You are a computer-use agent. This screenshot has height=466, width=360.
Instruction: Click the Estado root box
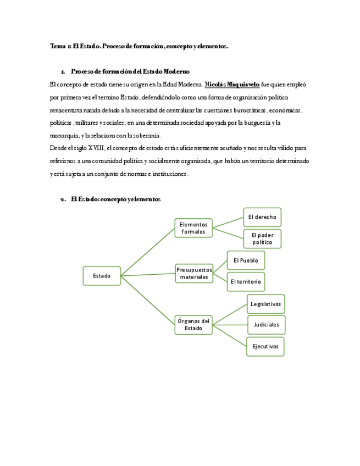(102, 275)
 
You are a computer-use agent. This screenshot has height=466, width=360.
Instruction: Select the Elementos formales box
(193, 228)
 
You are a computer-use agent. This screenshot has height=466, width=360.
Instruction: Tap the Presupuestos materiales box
(194, 273)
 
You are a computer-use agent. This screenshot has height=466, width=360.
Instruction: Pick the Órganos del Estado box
(193, 325)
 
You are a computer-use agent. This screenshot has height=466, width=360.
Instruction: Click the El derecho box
(262, 217)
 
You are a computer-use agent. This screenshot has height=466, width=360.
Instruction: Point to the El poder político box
(262, 238)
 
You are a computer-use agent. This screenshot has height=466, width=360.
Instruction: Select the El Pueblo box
(246, 260)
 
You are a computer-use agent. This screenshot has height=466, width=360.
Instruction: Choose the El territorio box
(246, 281)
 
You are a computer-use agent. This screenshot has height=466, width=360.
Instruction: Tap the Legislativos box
(266, 303)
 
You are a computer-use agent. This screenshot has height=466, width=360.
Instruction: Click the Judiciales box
(266, 325)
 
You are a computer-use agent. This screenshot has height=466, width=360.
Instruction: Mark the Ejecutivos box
(266, 346)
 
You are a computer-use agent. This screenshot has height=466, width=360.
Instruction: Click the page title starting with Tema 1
(139, 47)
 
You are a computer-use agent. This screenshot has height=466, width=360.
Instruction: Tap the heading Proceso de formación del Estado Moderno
(130, 71)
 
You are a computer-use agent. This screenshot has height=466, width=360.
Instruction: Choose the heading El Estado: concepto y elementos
(115, 199)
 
